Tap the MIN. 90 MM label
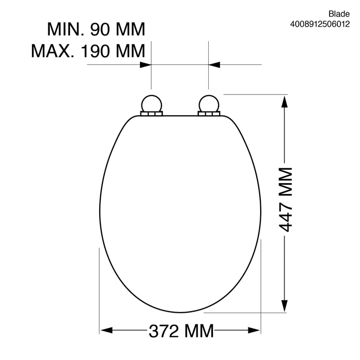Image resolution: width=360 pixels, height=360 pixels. pos(97,29)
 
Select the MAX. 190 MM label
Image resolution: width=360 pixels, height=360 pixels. pos(88,50)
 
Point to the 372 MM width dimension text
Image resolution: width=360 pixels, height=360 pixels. pos(181,331)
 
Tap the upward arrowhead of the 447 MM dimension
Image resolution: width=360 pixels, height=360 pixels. pos(283,101)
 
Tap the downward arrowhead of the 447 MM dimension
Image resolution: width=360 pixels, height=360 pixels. pos(283,305)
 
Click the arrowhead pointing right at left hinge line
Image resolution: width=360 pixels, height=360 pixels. pos(146,65)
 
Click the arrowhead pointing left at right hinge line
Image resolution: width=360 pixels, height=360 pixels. pos(214,65)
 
